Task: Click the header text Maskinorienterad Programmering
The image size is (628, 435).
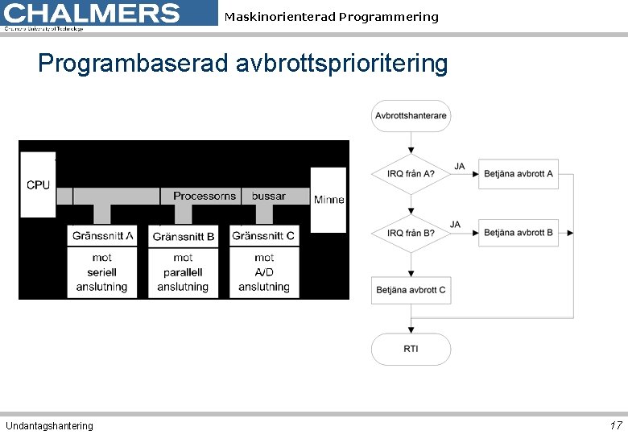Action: point(331,17)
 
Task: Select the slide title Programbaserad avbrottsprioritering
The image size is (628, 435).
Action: point(242,63)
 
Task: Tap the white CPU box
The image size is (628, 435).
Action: point(38,184)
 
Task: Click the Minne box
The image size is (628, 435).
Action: point(328,199)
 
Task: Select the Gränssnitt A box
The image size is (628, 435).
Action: point(102,235)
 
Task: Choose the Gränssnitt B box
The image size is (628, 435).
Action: point(184,236)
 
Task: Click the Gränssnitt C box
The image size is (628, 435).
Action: point(263,235)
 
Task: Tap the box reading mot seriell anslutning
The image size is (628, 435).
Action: point(102,272)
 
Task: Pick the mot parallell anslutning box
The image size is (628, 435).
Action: point(184,272)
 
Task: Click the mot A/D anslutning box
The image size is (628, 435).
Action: point(263,272)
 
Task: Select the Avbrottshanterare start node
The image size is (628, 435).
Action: point(411,116)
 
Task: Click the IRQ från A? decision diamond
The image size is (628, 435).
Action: point(411,173)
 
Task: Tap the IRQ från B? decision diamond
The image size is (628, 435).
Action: point(411,233)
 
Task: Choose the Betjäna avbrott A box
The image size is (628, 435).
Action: point(519,173)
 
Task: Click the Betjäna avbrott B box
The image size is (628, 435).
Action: point(519,233)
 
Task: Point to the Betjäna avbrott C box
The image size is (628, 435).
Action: point(411,290)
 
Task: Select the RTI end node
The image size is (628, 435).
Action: point(411,349)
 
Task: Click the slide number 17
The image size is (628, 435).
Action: point(615,425)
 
